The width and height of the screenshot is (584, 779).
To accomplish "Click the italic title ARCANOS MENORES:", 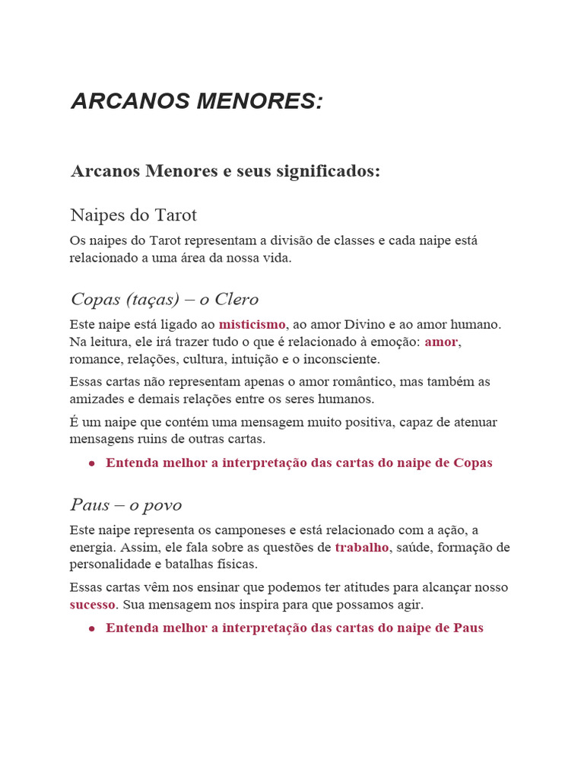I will pos(197,101).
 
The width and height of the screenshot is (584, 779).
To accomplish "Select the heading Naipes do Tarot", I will pos(133,215).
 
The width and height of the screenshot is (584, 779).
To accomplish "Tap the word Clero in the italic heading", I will pos(236,299).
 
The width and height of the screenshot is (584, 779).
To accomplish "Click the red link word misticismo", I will pos(252,325).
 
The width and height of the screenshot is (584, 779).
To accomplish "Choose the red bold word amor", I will pos(441,342).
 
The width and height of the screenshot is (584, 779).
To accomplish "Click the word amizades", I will pos(97,399).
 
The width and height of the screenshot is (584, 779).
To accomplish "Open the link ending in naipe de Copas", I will pos(299,463).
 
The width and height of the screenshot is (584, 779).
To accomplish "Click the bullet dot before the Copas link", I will pos(91,463).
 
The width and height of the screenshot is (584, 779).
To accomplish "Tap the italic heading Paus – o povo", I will pos(125,505).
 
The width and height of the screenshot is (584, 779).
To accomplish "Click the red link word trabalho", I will pos(361,548).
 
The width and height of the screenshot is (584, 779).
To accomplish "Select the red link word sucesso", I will pos(92,605).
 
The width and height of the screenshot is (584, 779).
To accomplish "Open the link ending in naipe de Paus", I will pos(294,628).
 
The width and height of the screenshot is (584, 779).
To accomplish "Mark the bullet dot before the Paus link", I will pos(91,628).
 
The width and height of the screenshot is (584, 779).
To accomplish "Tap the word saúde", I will pos(417,548).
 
